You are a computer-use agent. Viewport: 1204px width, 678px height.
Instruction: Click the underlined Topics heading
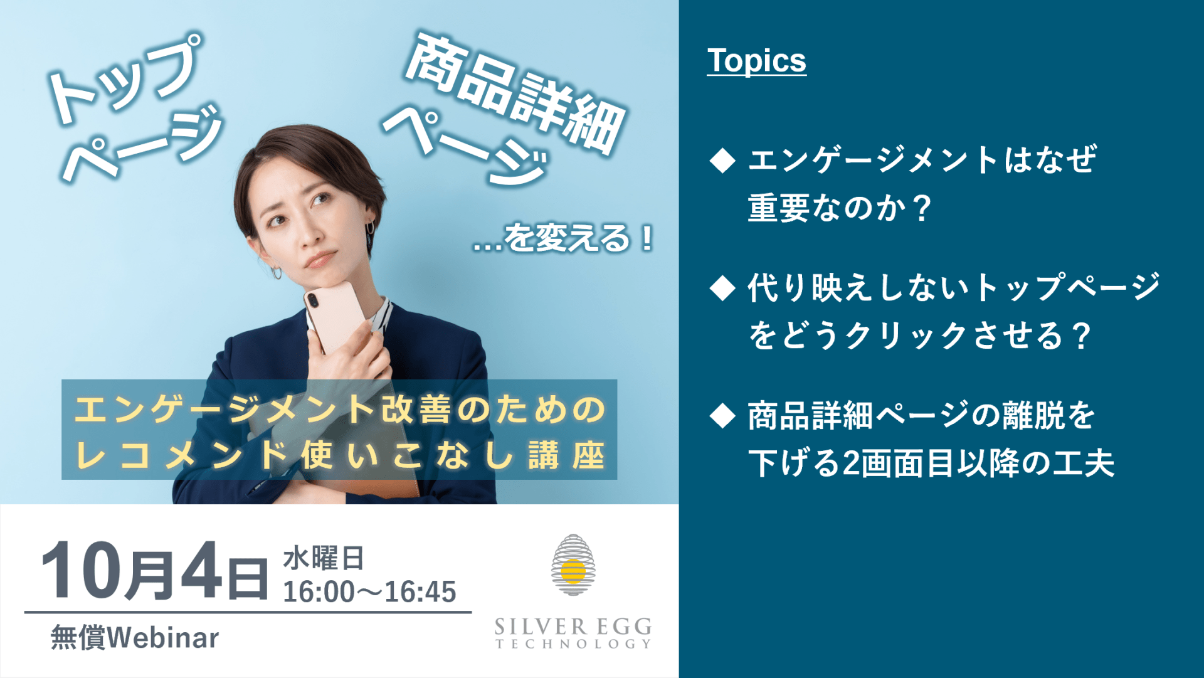click(x=756, y=61)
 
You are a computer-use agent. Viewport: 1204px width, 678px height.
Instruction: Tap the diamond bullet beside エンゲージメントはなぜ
click(x=722, y=161)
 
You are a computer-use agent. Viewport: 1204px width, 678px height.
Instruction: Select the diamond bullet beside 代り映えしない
click(x=722, y=289)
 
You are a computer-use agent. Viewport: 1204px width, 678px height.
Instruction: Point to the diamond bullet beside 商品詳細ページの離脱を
click(x=722, y=416)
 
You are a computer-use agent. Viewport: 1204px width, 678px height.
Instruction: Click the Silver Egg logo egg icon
click(x=573, y=564)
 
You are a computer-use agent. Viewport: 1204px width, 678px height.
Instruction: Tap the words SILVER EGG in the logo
click(x=573, y=626)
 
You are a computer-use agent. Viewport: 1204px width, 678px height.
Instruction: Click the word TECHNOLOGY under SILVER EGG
click(x=573, y=644)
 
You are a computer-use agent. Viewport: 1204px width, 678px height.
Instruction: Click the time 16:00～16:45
click(x=369, y=591)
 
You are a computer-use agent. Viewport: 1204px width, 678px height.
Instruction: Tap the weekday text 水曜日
click(x=324, y=558)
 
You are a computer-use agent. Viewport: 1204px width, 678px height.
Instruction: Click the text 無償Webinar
click(x=135, y=638)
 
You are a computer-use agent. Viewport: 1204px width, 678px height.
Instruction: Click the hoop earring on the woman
click(x=276, y=272)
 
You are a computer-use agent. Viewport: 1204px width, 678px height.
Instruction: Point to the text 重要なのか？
click(x=840, y=208)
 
